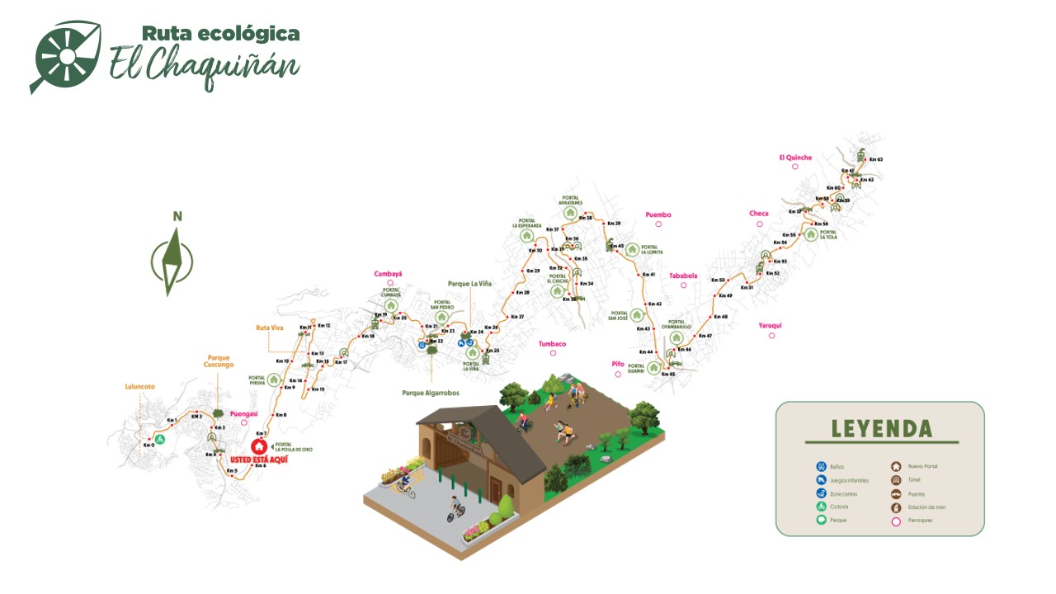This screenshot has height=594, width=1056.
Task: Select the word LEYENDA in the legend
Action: click(881, 429)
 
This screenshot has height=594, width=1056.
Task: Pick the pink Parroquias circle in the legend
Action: click(896, 521)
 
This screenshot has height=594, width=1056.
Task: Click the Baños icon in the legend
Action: click(821, 467)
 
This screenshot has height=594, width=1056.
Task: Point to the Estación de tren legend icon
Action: click(896, 507)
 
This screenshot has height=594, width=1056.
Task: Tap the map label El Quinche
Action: click(795, 158)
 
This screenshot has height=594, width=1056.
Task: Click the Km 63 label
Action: click(875, 159)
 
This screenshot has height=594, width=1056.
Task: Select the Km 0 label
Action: click(148, 445)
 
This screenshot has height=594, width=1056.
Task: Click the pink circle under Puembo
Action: click(658, 224)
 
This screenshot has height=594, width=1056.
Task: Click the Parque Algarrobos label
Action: click(431, 393)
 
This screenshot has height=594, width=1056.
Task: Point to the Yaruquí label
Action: click(770, 326)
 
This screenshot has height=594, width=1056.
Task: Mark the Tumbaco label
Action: click(553, 344)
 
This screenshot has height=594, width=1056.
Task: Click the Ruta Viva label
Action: click(270, 328)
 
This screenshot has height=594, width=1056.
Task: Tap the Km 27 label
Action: click(517, 317)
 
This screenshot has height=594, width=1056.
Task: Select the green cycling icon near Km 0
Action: click(161, 439)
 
